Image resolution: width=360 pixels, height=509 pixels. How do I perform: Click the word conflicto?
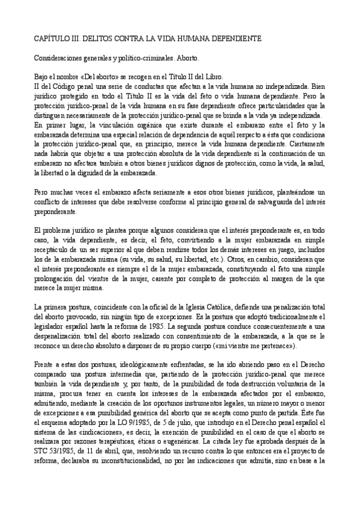click(48, 202)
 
